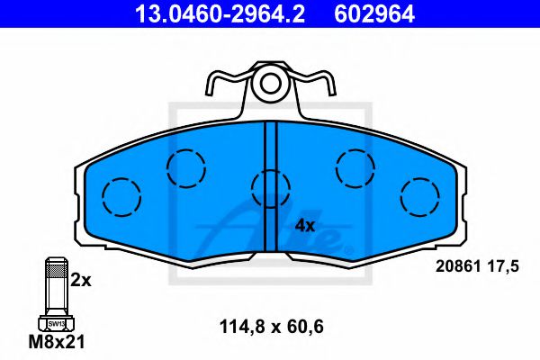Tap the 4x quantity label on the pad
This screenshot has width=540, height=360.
(x=305, y=225)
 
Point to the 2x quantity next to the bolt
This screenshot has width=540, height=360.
(x=81, y=281)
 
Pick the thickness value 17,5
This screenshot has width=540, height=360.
(x=506, y=266)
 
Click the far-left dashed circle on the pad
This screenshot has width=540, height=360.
(x=121, y=196)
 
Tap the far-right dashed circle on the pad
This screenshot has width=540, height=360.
(x=419, y=196)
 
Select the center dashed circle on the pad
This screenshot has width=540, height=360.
(x=270, y=189)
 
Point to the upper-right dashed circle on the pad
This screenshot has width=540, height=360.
(x=354, y=166)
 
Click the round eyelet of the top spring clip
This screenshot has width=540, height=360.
(x=270, y=85)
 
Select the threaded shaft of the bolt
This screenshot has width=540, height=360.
(x=55, y=283)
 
